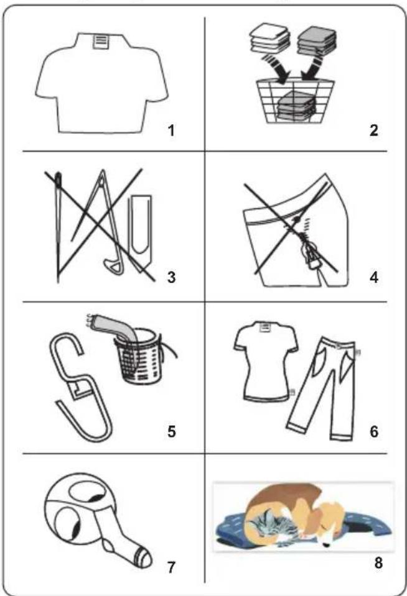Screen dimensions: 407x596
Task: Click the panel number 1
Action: [x=171, y=131]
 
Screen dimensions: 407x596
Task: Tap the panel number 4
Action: [x=374, y=277]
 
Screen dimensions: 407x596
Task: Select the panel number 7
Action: [x=171, y=567]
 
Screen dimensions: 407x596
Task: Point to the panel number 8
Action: [x=378, y=562]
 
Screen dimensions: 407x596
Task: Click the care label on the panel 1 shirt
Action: [x=100, y=41]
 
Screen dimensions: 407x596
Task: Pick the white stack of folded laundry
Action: [x=269, y=39]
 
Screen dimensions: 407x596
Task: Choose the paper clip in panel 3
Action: [x=141, y=228]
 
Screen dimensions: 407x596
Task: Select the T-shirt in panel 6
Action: [x=265, y=360]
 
